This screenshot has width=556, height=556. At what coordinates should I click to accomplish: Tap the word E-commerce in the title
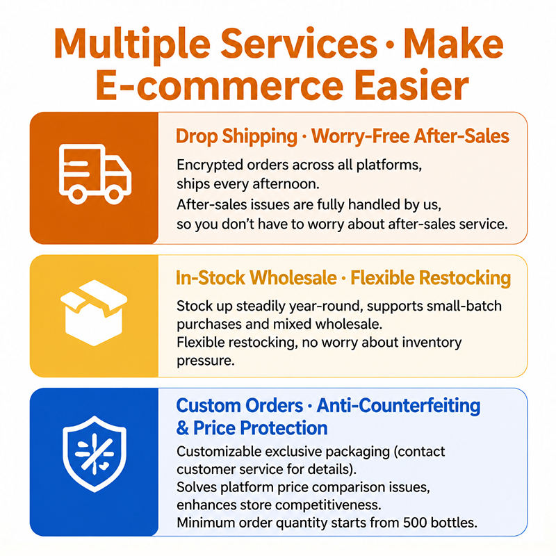pyautogui.click(x=220, y=85)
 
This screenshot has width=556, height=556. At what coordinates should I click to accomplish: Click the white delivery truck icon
pyautogui.click(x=95, y=174)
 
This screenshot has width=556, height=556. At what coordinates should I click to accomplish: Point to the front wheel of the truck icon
pyautogui.click(x=114, y=194)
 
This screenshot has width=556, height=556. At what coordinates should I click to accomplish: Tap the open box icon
pyautogui.click(x=94, y=313)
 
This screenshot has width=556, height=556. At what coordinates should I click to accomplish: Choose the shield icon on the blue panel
pyautogui.click(x=95, y=454)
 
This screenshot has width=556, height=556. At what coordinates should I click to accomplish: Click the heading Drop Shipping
pyautogui.click(x=236, y=137)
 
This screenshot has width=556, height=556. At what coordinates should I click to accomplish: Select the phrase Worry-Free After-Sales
pyautogui.click(x=410, y=136)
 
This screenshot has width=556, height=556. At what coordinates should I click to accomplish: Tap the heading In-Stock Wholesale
pyautogui.click(x=256, y=277)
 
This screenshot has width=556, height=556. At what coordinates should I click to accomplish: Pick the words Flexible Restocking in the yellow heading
pyautogui.click(x=430, y=278)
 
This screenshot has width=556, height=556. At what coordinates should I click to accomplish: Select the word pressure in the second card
pyautogui.click(x=206, y=361)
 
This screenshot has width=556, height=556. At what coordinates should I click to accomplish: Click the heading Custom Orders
pyautogui.click(x=240, y=406)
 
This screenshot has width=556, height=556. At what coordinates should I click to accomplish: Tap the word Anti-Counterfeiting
pyautogui.click(x=398, y=406)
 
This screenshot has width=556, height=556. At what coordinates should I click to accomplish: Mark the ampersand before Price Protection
pyautogui.click(x=182, y=428)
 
